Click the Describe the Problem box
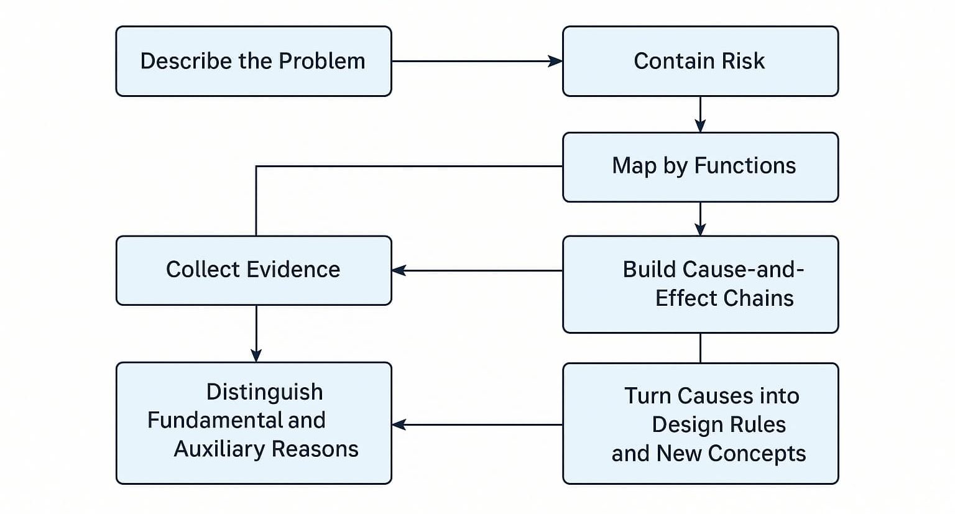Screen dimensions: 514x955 253,61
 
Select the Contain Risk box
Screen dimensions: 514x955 700,61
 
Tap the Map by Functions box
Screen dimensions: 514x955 700,167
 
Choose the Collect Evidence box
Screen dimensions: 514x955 253,270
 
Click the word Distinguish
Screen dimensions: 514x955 264,392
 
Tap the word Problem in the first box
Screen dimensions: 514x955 321,61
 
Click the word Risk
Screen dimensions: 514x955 744,61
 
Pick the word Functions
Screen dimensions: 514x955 745,166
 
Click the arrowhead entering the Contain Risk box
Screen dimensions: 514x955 555,61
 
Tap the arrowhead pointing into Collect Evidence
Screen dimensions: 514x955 399,270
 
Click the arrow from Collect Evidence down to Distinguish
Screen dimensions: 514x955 256,333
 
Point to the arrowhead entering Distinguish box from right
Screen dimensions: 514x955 399,425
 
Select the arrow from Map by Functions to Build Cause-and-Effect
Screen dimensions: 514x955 700,218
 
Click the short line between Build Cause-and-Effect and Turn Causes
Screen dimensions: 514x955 700,348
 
